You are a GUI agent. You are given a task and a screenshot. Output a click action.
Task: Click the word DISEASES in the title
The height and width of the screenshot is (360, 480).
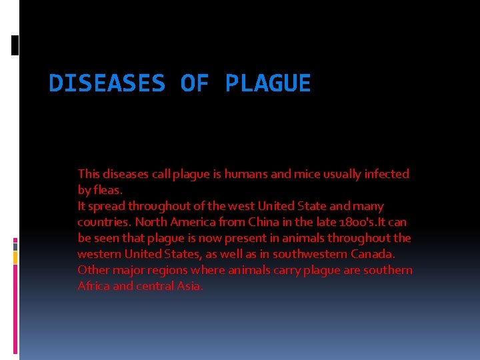pyautogui.click(x=107, y=83)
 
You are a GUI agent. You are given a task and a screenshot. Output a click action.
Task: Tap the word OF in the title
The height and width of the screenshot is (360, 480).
pyautogui.click(x=195, y=83)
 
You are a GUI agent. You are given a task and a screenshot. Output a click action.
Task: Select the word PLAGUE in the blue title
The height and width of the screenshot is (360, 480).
pyautogui.click(x=268, y=83)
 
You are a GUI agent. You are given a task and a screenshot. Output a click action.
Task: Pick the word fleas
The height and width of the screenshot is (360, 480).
pyautogui.click(x=107, y=190)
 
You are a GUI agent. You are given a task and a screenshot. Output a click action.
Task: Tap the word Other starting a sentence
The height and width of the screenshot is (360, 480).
pyautogui.click(x=92, y=270)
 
